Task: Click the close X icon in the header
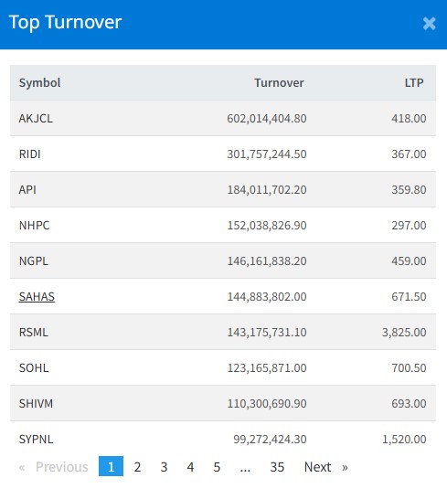tap(429, 24)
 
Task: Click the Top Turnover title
tap(65, 23)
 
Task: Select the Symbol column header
tap(40, 83)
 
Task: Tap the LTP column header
tap(414, 83)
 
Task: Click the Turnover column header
tap(279, 83)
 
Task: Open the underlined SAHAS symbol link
tap(37, 297)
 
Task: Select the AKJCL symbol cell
tap(36, 119)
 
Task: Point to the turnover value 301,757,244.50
tap(267, 154)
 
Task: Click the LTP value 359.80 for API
tap(409, 190)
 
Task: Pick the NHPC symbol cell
tap(34, 226)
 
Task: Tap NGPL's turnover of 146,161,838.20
tap(267, 261)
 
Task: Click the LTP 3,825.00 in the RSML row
tap(404, 333)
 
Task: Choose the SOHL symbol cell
tap(34, 368)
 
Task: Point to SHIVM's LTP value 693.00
tap(409, 404)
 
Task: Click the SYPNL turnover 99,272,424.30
tap(270, 440)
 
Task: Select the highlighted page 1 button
tap(111, 466)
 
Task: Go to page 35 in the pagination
tap(277, 467)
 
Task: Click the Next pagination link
tap(317, 467)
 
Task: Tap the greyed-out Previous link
tap(62, 467)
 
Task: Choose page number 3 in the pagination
tap(164, 467)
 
